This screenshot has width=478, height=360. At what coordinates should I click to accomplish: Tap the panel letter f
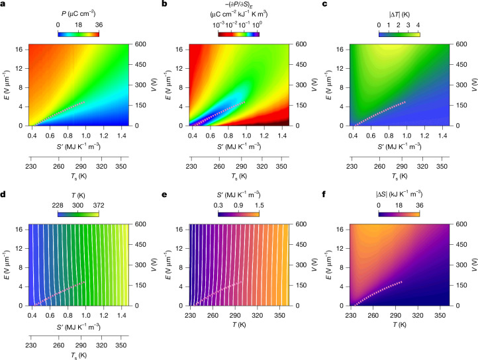(324, 194)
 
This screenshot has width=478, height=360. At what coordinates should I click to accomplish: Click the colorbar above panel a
(78, 34)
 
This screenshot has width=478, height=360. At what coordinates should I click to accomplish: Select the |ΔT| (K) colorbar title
(399, 15)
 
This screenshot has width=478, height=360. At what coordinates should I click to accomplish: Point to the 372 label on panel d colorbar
(99, 205)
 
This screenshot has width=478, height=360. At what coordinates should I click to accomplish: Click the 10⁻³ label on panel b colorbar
(218, 25)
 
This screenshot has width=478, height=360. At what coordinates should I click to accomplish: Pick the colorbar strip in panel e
(238, 214)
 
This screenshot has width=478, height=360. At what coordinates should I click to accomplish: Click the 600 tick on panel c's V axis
(461, 44)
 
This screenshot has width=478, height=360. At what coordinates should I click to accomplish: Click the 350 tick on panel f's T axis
(440, 315)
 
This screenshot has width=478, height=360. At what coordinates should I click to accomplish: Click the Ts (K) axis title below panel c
(399, 176)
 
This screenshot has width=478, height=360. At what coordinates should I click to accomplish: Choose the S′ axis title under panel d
(78, 327)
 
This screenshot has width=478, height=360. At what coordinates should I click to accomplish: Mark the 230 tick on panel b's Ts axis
(191, 167)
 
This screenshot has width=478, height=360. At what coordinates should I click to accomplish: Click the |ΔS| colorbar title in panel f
(399, 194)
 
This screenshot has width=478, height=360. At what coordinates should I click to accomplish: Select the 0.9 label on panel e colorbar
(238, 205)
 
